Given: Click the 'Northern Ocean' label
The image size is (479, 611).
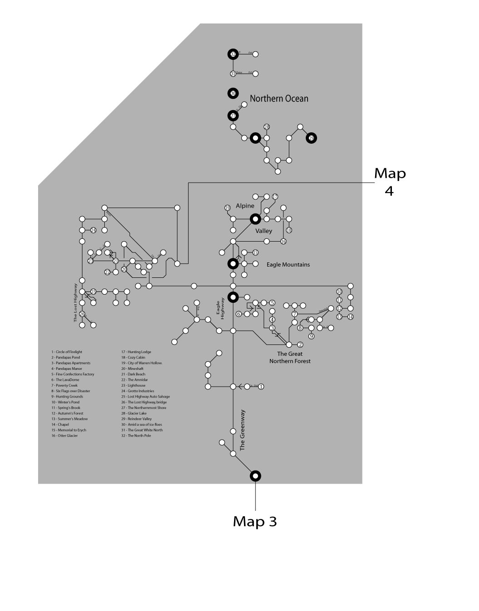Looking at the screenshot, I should tap(279, 99).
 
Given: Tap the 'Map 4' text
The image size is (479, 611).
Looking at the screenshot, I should tap(389, 181).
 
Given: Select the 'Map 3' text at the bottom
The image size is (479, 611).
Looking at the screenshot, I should tap(254, 521).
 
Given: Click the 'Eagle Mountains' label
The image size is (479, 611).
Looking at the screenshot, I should tap(288, 265).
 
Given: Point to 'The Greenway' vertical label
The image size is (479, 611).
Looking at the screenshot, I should tap(242, 430).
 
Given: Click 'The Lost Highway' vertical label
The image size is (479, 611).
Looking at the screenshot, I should tap(76, 302).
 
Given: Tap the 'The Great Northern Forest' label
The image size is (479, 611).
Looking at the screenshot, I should tap(290, 358).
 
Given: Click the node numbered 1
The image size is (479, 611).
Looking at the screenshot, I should tap(261, 387).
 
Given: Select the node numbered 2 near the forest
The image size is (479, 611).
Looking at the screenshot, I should tap(300, 345).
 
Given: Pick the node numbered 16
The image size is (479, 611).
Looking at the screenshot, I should tap(283, 242).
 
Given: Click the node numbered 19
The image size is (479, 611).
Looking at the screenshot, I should tap(228, 208).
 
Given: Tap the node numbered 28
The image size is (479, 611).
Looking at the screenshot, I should tap(267, 127).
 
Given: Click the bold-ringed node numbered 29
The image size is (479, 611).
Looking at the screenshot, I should tap(311, 138).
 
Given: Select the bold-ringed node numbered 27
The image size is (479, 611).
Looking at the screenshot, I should tap(233, 116).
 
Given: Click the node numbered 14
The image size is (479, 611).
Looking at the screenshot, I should tap(350, 317).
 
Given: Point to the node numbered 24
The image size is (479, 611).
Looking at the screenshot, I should tap(93, 230).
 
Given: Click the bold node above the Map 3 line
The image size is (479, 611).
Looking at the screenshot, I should tap(255, 475).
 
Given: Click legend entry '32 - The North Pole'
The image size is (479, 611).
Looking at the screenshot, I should tap(136, 436).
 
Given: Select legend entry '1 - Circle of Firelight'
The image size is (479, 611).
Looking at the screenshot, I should tap(67, 352).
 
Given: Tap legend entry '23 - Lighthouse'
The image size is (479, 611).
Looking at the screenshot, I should tap(133, 385).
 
